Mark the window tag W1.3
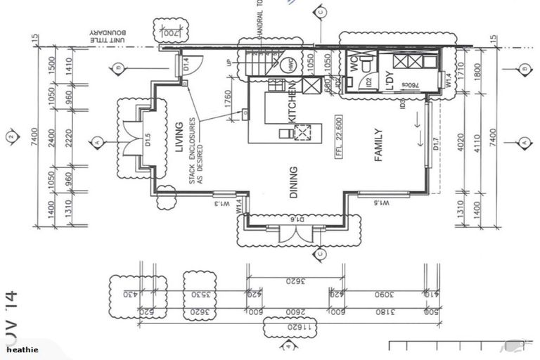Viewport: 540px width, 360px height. coord(222,205)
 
